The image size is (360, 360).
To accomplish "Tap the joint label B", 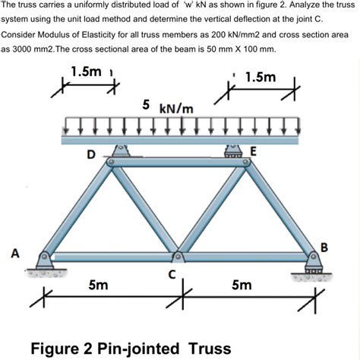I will point(324,247).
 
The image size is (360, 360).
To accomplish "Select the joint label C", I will point(172,274).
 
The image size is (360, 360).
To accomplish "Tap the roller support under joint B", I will point(312,268).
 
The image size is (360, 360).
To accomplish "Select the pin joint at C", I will point(178,256).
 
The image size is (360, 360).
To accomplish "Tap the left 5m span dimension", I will point(97,286).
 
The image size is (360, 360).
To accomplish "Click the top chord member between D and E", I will point(178,162).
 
